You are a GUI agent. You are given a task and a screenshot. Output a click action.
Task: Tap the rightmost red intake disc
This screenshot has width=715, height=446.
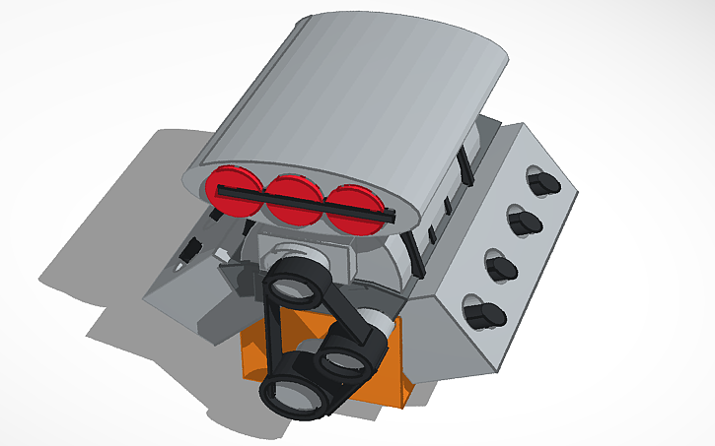[352, 210]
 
